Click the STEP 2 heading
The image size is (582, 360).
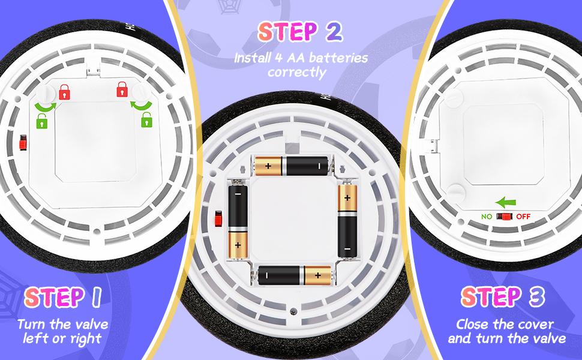[x=300, y=32]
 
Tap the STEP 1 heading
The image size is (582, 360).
[x=63, y=297]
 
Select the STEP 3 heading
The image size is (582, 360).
[x=503, y=297]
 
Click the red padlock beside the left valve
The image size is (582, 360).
[x=64, y=92]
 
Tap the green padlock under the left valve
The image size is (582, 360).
[x=41, y=121]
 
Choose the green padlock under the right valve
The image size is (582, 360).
[x=147, y=119]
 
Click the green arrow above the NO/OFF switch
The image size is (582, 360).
[x=506, y=203]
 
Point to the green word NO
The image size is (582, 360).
[x=487, y=217]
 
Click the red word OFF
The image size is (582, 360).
[x=523, y=217]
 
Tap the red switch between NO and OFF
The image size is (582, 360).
[x=504, y=217]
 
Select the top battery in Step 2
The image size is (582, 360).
[x=292, y=166]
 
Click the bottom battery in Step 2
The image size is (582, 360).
[x=295, y=275]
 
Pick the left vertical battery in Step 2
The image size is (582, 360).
[x=238, y=219]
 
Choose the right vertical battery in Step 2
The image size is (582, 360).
[x=348, y=219]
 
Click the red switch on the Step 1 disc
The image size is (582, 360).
[x=23, y=143]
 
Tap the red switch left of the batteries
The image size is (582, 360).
[x=218, y=218]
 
